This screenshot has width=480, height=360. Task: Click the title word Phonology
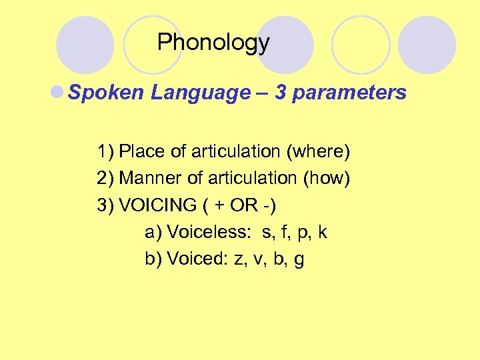213,43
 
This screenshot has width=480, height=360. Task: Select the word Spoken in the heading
107,93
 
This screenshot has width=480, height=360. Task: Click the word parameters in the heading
349,93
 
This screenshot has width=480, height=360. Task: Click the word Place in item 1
141,151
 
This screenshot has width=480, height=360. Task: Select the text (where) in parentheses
317,151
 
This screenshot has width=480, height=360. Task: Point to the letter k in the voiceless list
323,232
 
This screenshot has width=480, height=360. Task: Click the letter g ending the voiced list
299,260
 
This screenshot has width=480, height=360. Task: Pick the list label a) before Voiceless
153,232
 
